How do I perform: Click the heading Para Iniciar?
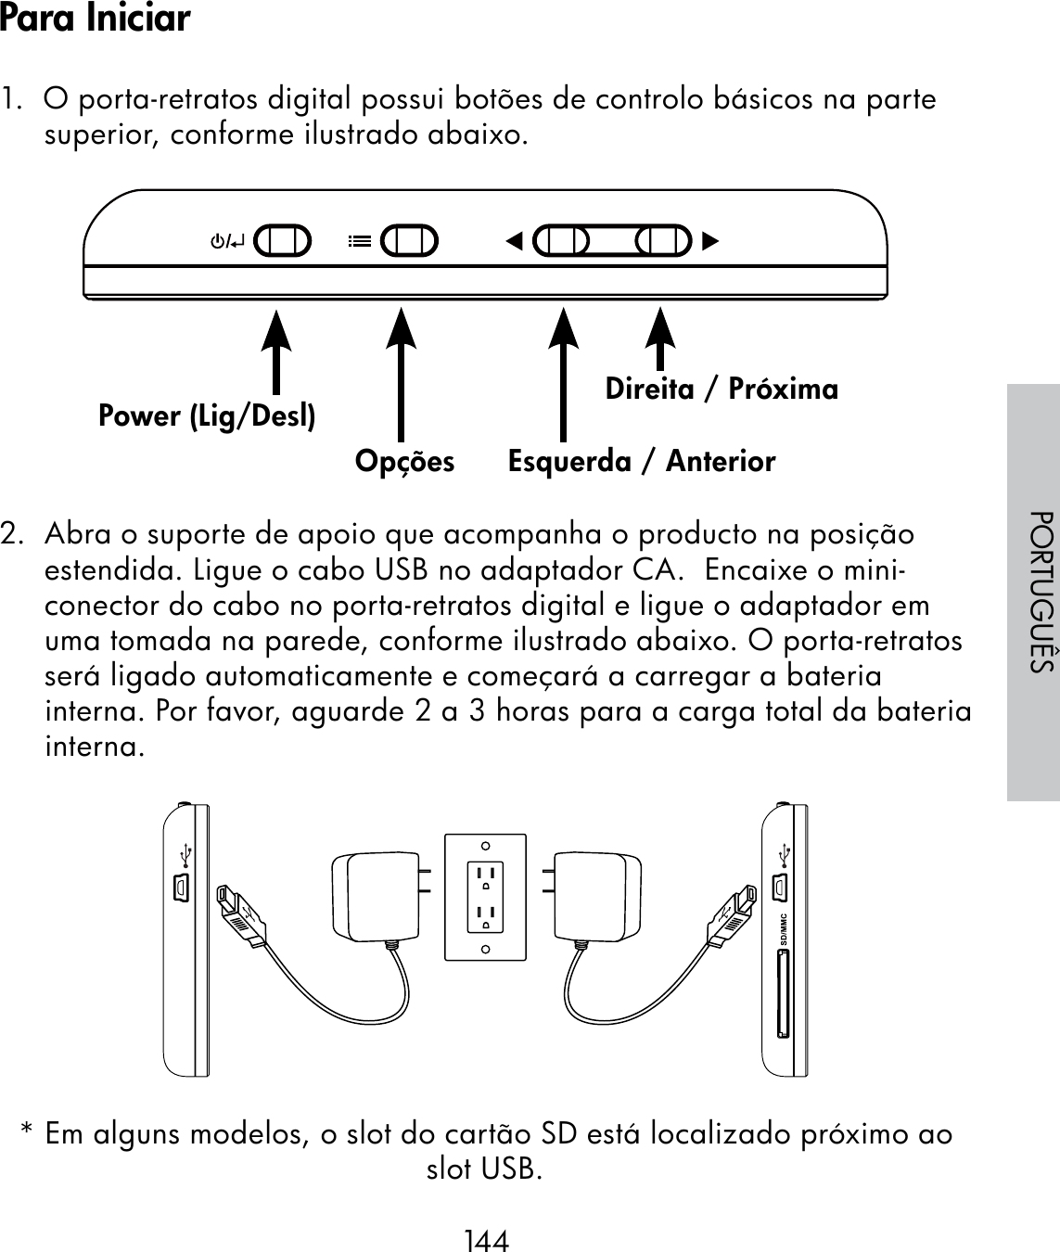tap(96, 19)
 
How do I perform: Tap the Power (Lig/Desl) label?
tap(207, 416)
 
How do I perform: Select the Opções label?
tap(405, 461)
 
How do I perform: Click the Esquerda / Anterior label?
tap(642, 461)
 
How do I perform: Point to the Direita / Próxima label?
tap(722, 389)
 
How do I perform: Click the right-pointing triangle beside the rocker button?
tap(710, 242)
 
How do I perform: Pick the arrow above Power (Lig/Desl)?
tap(275, 352)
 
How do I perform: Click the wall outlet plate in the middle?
tap(485, 897)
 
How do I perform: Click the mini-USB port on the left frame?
tap(181, 888)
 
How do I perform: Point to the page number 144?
tap(487, 1240)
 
